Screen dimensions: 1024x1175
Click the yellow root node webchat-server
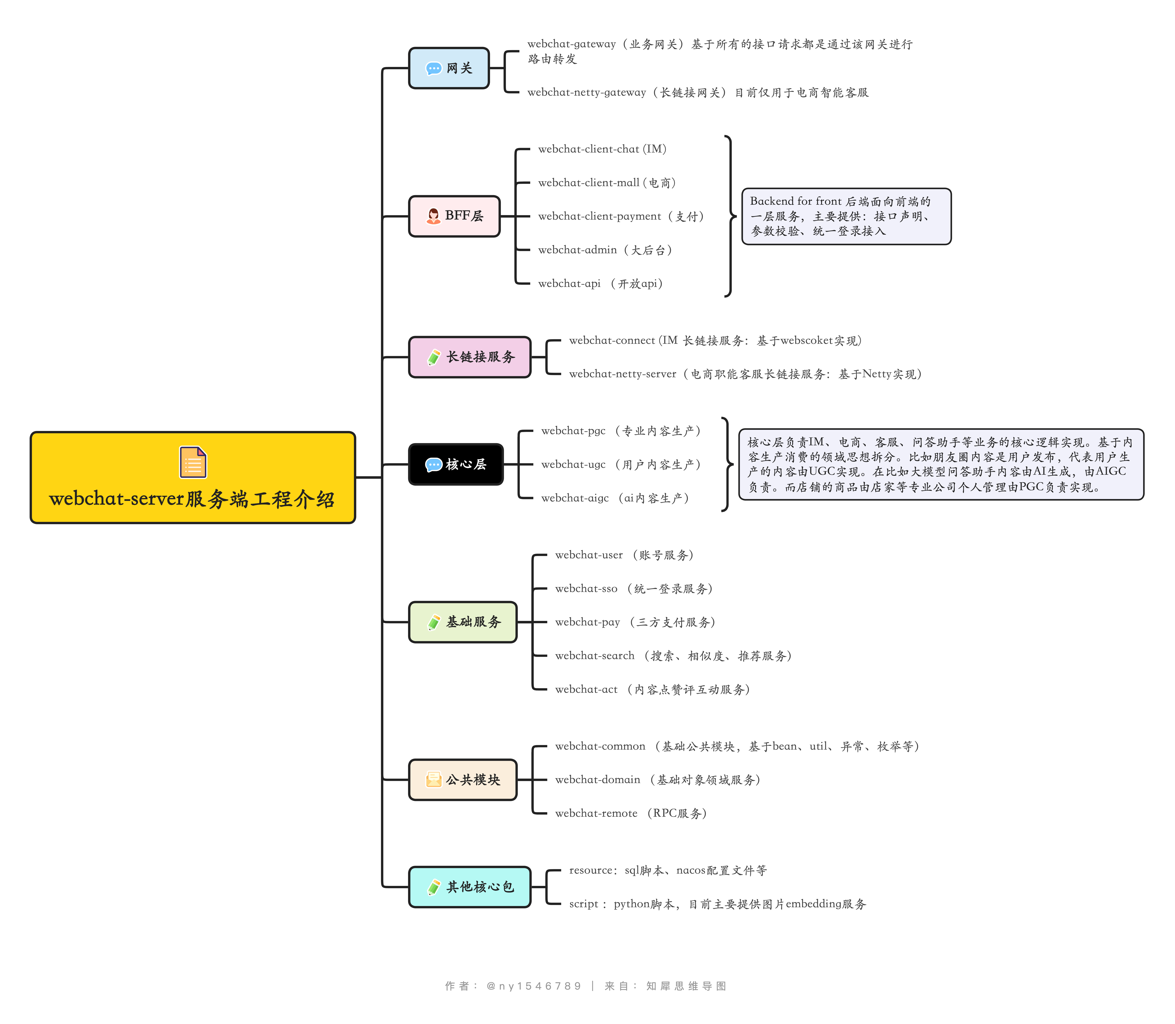193,478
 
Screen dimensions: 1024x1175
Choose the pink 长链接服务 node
470,357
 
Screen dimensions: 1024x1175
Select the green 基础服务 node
463,622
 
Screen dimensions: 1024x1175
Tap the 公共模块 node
463,780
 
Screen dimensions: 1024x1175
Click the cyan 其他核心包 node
470,887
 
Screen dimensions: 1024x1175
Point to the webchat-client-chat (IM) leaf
602,149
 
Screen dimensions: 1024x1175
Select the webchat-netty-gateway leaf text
697,93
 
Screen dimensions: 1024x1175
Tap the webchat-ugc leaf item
621,465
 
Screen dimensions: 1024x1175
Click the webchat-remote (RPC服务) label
631,813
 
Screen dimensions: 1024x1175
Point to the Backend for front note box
846,217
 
